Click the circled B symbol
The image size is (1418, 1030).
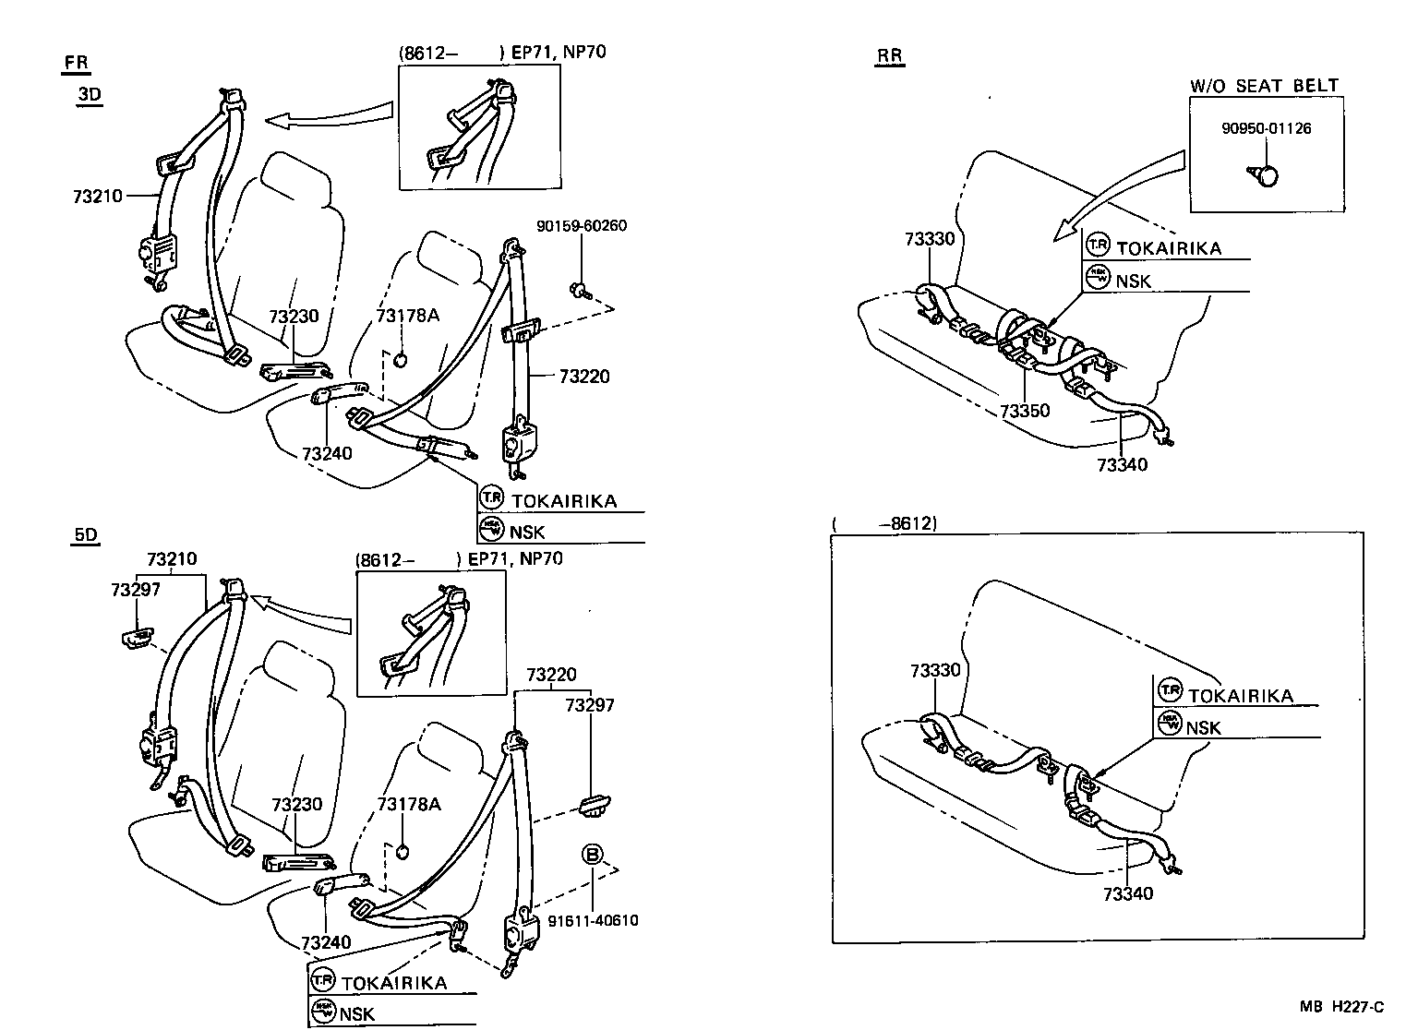[x=592, y=855]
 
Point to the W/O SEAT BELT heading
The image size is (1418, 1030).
[x=1264, y=86]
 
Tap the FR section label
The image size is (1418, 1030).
[x=77, y=63]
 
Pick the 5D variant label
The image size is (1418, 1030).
[x=85, y=535]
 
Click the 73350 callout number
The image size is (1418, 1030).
[x=1025, y=411]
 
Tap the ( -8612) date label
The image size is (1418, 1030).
[x=884, y=523]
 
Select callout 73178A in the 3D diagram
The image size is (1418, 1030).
[x=407, y=317]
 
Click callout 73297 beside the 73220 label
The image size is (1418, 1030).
[x=589, y=705]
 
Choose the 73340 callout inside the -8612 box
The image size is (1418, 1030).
[x=1127, y=893]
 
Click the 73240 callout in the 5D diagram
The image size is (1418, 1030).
[x=326, y=942]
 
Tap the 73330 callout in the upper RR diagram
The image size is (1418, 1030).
[x=930, y=239]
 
